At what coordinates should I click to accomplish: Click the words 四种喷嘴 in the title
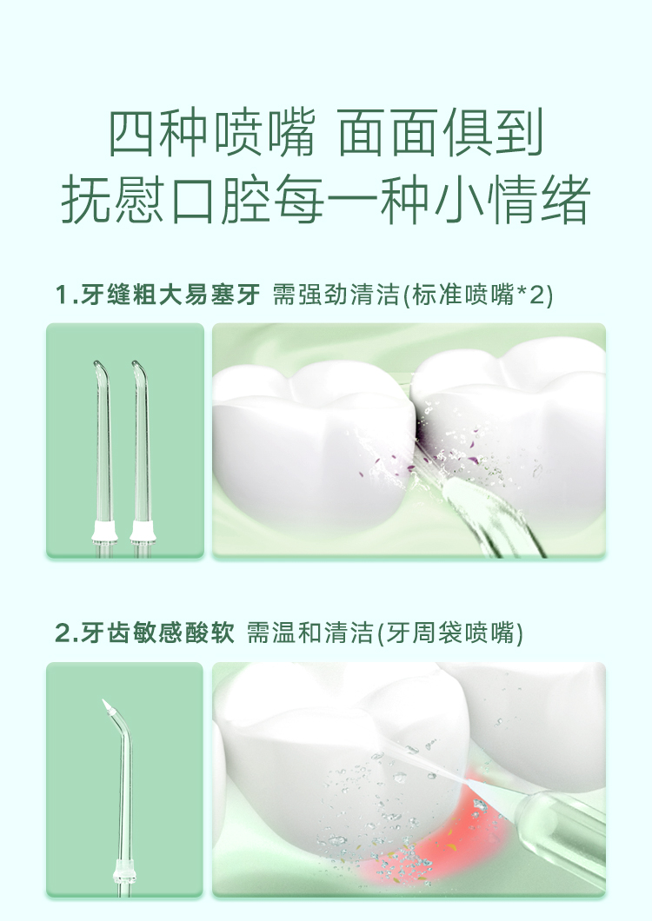point(211,133)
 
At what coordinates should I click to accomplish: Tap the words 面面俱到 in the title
point(441,133)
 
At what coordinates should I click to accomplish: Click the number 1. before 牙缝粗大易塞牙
point(66,295)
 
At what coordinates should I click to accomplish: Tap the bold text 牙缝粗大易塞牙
point(170,295)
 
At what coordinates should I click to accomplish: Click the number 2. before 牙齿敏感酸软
point(67,633)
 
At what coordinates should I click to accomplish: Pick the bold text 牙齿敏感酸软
point(157,633)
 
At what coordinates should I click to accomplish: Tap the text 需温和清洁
point(309,633)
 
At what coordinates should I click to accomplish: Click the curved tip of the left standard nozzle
point(98,369)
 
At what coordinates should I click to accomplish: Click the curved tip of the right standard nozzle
point(138,369)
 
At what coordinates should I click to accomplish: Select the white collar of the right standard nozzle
point(143,531)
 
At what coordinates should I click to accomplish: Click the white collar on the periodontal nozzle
point(125,871)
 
